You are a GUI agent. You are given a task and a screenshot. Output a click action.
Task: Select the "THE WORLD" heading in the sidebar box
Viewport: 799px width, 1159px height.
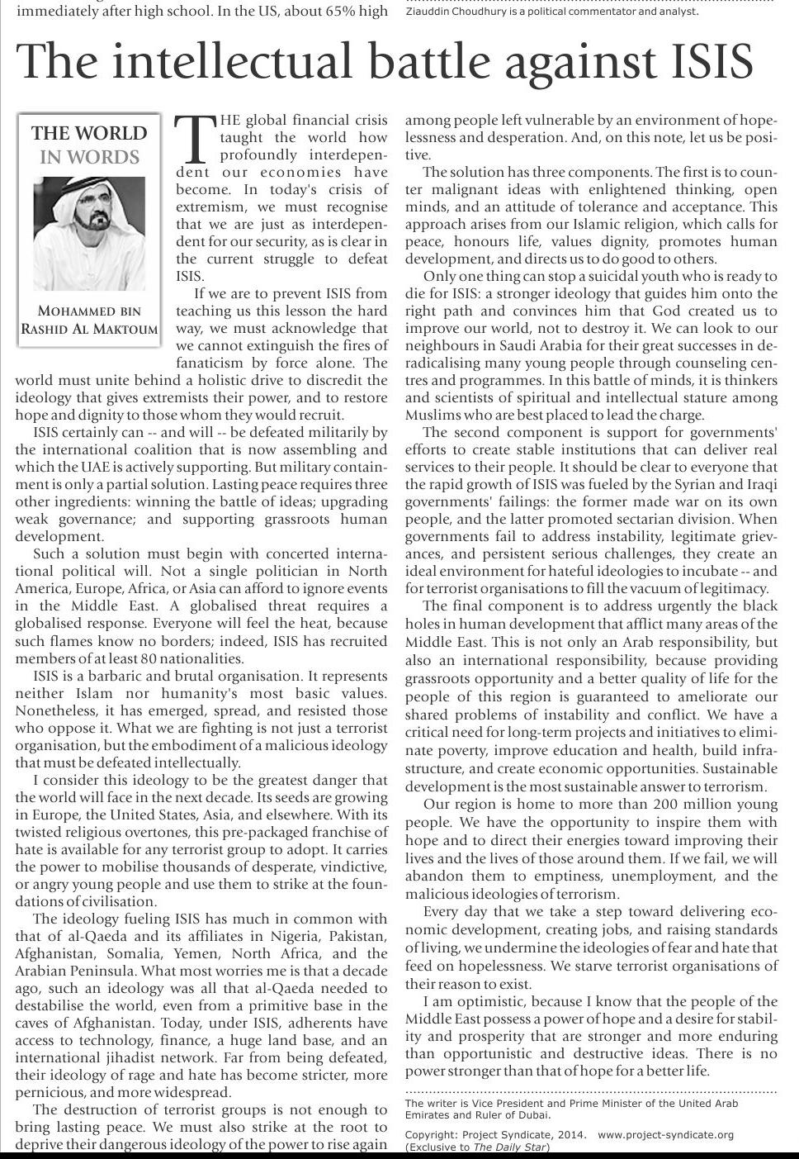coord(89,134)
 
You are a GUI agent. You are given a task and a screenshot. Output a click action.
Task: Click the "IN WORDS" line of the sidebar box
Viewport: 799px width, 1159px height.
coord(89,157)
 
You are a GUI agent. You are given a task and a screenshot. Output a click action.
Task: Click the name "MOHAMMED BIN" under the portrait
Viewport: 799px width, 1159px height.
coord(89,311)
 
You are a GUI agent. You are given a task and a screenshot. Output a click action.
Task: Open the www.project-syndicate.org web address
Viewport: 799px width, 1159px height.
coord(665,1135)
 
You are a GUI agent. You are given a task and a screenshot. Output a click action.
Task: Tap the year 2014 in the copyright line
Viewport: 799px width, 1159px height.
coord(570,1135)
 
